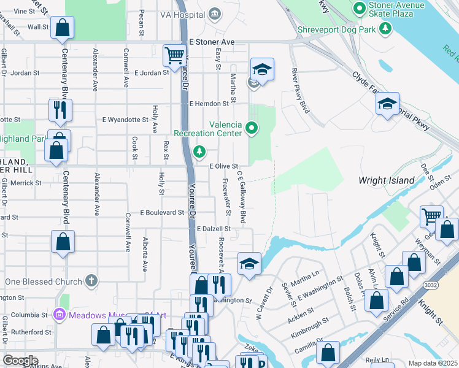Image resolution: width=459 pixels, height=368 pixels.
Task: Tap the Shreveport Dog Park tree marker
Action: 385,28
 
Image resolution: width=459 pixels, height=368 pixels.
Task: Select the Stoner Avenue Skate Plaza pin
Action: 360,7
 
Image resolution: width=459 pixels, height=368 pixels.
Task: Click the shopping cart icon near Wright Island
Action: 431,215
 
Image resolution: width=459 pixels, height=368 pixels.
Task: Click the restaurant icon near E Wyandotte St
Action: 60,110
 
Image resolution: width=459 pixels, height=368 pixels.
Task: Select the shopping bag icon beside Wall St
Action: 62,27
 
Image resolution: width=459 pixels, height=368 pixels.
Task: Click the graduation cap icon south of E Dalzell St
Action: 248,264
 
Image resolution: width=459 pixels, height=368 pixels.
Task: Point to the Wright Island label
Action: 387,180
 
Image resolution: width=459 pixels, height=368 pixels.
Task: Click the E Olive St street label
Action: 223,166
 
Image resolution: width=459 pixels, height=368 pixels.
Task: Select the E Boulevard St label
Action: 162,212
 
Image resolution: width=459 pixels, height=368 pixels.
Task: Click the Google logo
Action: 20,361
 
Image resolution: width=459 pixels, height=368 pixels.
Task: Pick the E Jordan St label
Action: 150,72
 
